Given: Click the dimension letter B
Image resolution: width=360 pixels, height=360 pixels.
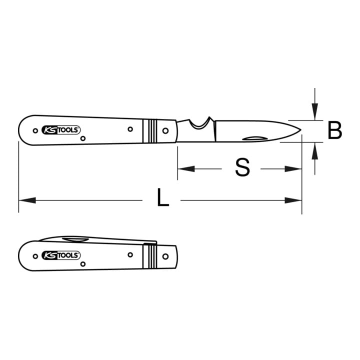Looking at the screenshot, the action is pos(334,130).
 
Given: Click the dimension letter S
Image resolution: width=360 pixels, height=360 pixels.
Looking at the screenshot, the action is pos(242,167).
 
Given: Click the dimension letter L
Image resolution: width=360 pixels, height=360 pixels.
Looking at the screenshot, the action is pos(163,197).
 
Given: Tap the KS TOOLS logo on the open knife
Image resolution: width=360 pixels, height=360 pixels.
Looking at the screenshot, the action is pos(61,130).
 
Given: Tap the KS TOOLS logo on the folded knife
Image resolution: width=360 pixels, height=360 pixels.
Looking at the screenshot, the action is pos(61,255).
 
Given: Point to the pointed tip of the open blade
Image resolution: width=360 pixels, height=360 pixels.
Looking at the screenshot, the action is pos(301,129).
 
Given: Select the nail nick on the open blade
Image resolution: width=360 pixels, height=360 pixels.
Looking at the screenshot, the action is pos(255,138).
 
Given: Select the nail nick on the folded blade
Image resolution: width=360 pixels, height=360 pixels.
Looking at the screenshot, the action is pos(75,240).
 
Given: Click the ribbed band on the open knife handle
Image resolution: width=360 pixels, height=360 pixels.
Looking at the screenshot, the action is pos(149,131).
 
